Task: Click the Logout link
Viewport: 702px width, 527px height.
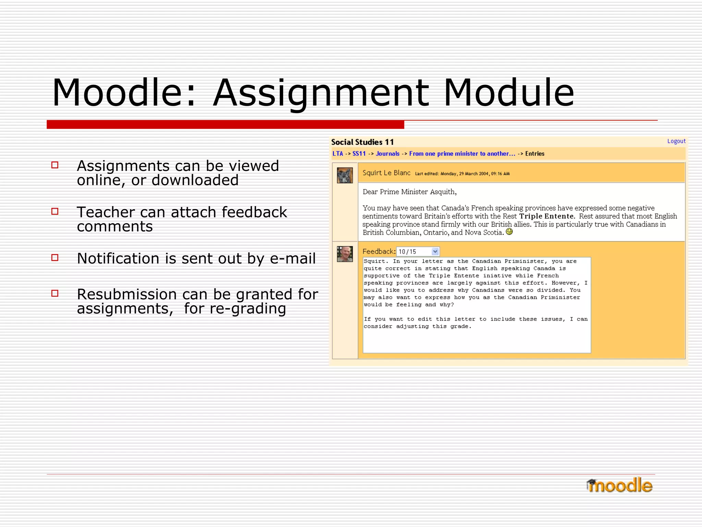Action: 676,141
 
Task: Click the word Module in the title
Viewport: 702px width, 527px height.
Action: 509,93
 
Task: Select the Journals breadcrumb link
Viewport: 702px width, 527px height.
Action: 387,154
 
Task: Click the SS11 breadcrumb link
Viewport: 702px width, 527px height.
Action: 359,154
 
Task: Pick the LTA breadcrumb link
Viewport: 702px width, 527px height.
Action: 338,154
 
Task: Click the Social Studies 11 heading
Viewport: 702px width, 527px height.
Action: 362,142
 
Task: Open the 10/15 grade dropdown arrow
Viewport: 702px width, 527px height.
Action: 435,251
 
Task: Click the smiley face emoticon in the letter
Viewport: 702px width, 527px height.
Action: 509,232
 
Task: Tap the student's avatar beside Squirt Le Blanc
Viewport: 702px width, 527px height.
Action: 344,175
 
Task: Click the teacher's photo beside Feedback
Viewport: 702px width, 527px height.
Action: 344,254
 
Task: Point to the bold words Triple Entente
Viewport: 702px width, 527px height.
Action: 546,216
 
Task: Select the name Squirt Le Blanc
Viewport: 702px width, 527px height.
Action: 386,173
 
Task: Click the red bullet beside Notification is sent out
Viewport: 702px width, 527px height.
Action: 55,258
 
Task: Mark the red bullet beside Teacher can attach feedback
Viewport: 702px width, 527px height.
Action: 55,211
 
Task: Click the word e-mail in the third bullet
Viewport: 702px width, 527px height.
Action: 292,259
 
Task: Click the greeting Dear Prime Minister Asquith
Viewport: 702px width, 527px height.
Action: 409,192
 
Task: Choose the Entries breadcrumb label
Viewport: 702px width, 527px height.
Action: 534,154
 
